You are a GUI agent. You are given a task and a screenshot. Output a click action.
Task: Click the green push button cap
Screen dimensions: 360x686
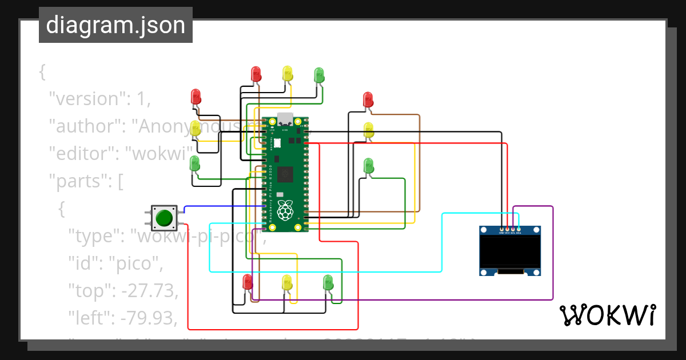coord(164,218)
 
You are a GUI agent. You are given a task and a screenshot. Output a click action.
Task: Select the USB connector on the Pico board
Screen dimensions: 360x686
coord(285,119)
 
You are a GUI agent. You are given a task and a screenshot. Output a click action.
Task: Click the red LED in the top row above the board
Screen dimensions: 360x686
coord(256,74)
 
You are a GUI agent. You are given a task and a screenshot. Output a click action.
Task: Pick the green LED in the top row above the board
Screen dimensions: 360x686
coord(319,74)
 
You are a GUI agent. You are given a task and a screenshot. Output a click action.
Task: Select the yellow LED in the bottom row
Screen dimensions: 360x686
coord(287,282)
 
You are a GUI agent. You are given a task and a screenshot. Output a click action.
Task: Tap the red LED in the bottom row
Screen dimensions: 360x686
coord(248,282)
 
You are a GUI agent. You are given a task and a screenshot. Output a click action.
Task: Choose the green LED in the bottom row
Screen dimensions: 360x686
coord(328,282)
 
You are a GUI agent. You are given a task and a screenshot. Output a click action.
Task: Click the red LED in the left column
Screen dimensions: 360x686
coord(196,96)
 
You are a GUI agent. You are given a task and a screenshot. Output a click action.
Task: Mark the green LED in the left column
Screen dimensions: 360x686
coord(195,163)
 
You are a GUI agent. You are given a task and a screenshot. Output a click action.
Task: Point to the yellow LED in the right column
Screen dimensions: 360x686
coord(369,130)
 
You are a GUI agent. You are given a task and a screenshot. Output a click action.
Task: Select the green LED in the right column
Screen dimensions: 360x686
coord(369,166)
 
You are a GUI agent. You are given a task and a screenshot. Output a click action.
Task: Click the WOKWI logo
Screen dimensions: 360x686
coord(607,315)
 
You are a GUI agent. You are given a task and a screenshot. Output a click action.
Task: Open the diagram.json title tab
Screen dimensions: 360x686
coord(115,25)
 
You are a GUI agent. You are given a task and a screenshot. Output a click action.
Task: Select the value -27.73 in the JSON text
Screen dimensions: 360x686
coord(149,291)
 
